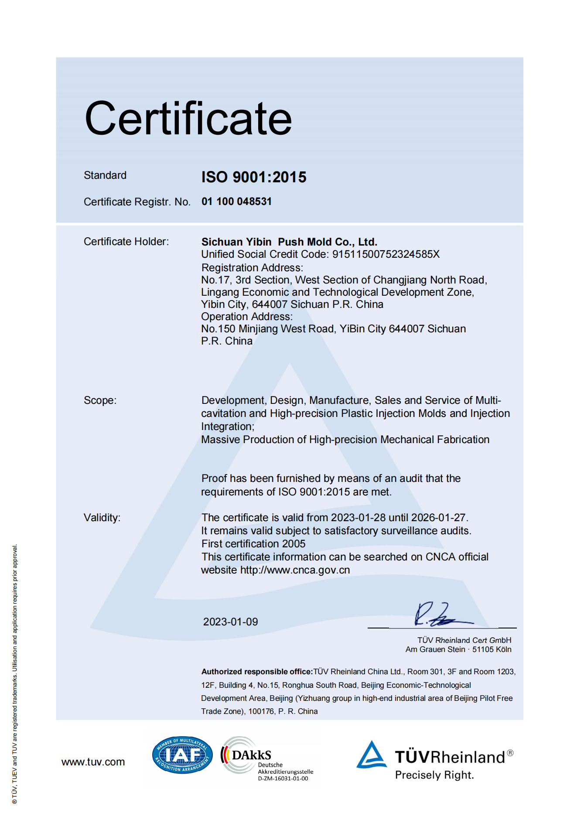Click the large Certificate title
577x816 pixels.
[188, 119]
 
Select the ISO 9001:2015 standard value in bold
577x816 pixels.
[254, 177]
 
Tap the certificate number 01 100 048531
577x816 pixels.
[236, 201]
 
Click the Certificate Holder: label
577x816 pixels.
[126, 242]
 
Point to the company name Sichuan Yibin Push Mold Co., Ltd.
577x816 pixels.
[289, 242]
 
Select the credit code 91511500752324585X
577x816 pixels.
[386, 254]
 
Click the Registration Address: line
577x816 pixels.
[252, 267]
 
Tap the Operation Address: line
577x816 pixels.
[247, 317]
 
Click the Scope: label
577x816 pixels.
[100, 400]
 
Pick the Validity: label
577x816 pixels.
[102, 518]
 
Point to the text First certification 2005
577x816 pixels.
[253, 544]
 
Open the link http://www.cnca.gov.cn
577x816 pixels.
[295, 570]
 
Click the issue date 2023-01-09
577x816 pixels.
[230, 622]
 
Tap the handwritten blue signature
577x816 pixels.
[438, 615]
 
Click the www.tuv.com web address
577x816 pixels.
[93, 762]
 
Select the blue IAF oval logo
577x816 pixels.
[182, 755]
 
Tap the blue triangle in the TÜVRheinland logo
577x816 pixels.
[372, 755]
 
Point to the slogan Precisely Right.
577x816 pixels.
[434, 775]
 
